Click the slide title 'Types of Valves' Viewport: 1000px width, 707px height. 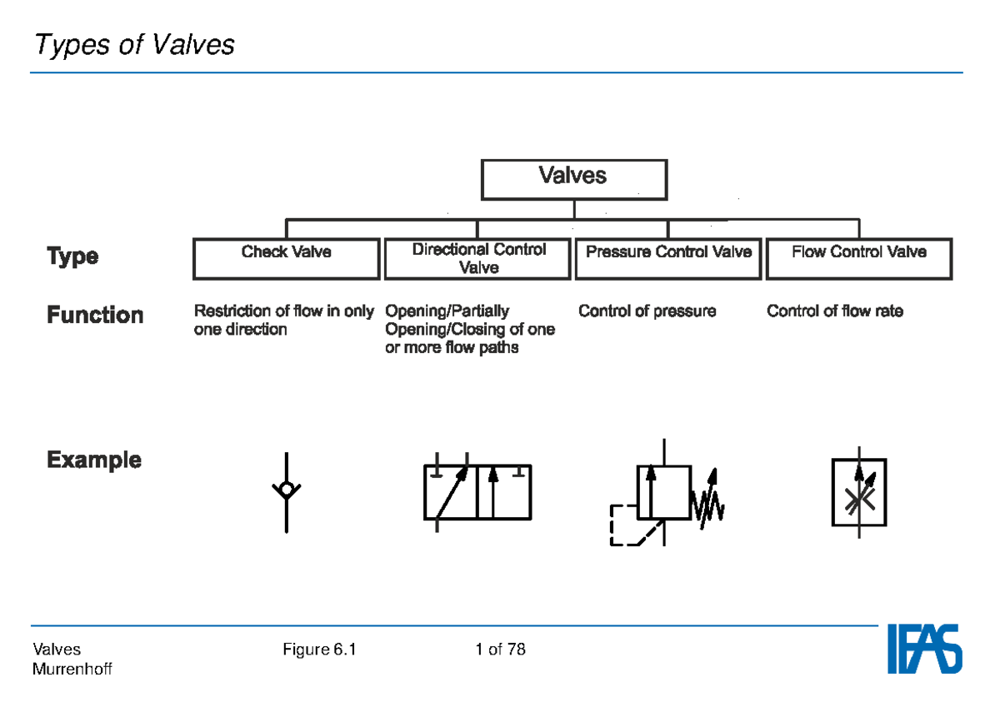tap(134, 44)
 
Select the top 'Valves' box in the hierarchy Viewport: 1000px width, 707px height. tap(573, 179)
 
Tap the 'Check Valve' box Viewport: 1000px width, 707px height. tap(286, 258)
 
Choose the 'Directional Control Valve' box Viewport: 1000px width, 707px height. tap(478, 258)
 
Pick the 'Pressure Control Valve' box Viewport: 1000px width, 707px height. tap(668, 258)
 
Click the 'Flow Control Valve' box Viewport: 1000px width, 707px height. tap(858, 258)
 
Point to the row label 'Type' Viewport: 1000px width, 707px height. tap(72, 256)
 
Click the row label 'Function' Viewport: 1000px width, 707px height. tap(95, 316)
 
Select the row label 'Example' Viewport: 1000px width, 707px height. tap(94, 460)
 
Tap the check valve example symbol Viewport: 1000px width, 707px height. tap(287, 491)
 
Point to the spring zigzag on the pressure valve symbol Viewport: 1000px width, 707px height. tap(708, 505)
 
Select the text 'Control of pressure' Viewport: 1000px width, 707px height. tap(647, 311)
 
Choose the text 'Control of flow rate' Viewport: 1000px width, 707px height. tap(834, 311)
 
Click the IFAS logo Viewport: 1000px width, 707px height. tap(923, 650)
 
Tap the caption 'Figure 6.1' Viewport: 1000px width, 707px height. tap(320, 650)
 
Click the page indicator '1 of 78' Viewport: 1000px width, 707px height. tap(500, 650)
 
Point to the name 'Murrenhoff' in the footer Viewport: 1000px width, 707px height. tap(72, 670)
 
